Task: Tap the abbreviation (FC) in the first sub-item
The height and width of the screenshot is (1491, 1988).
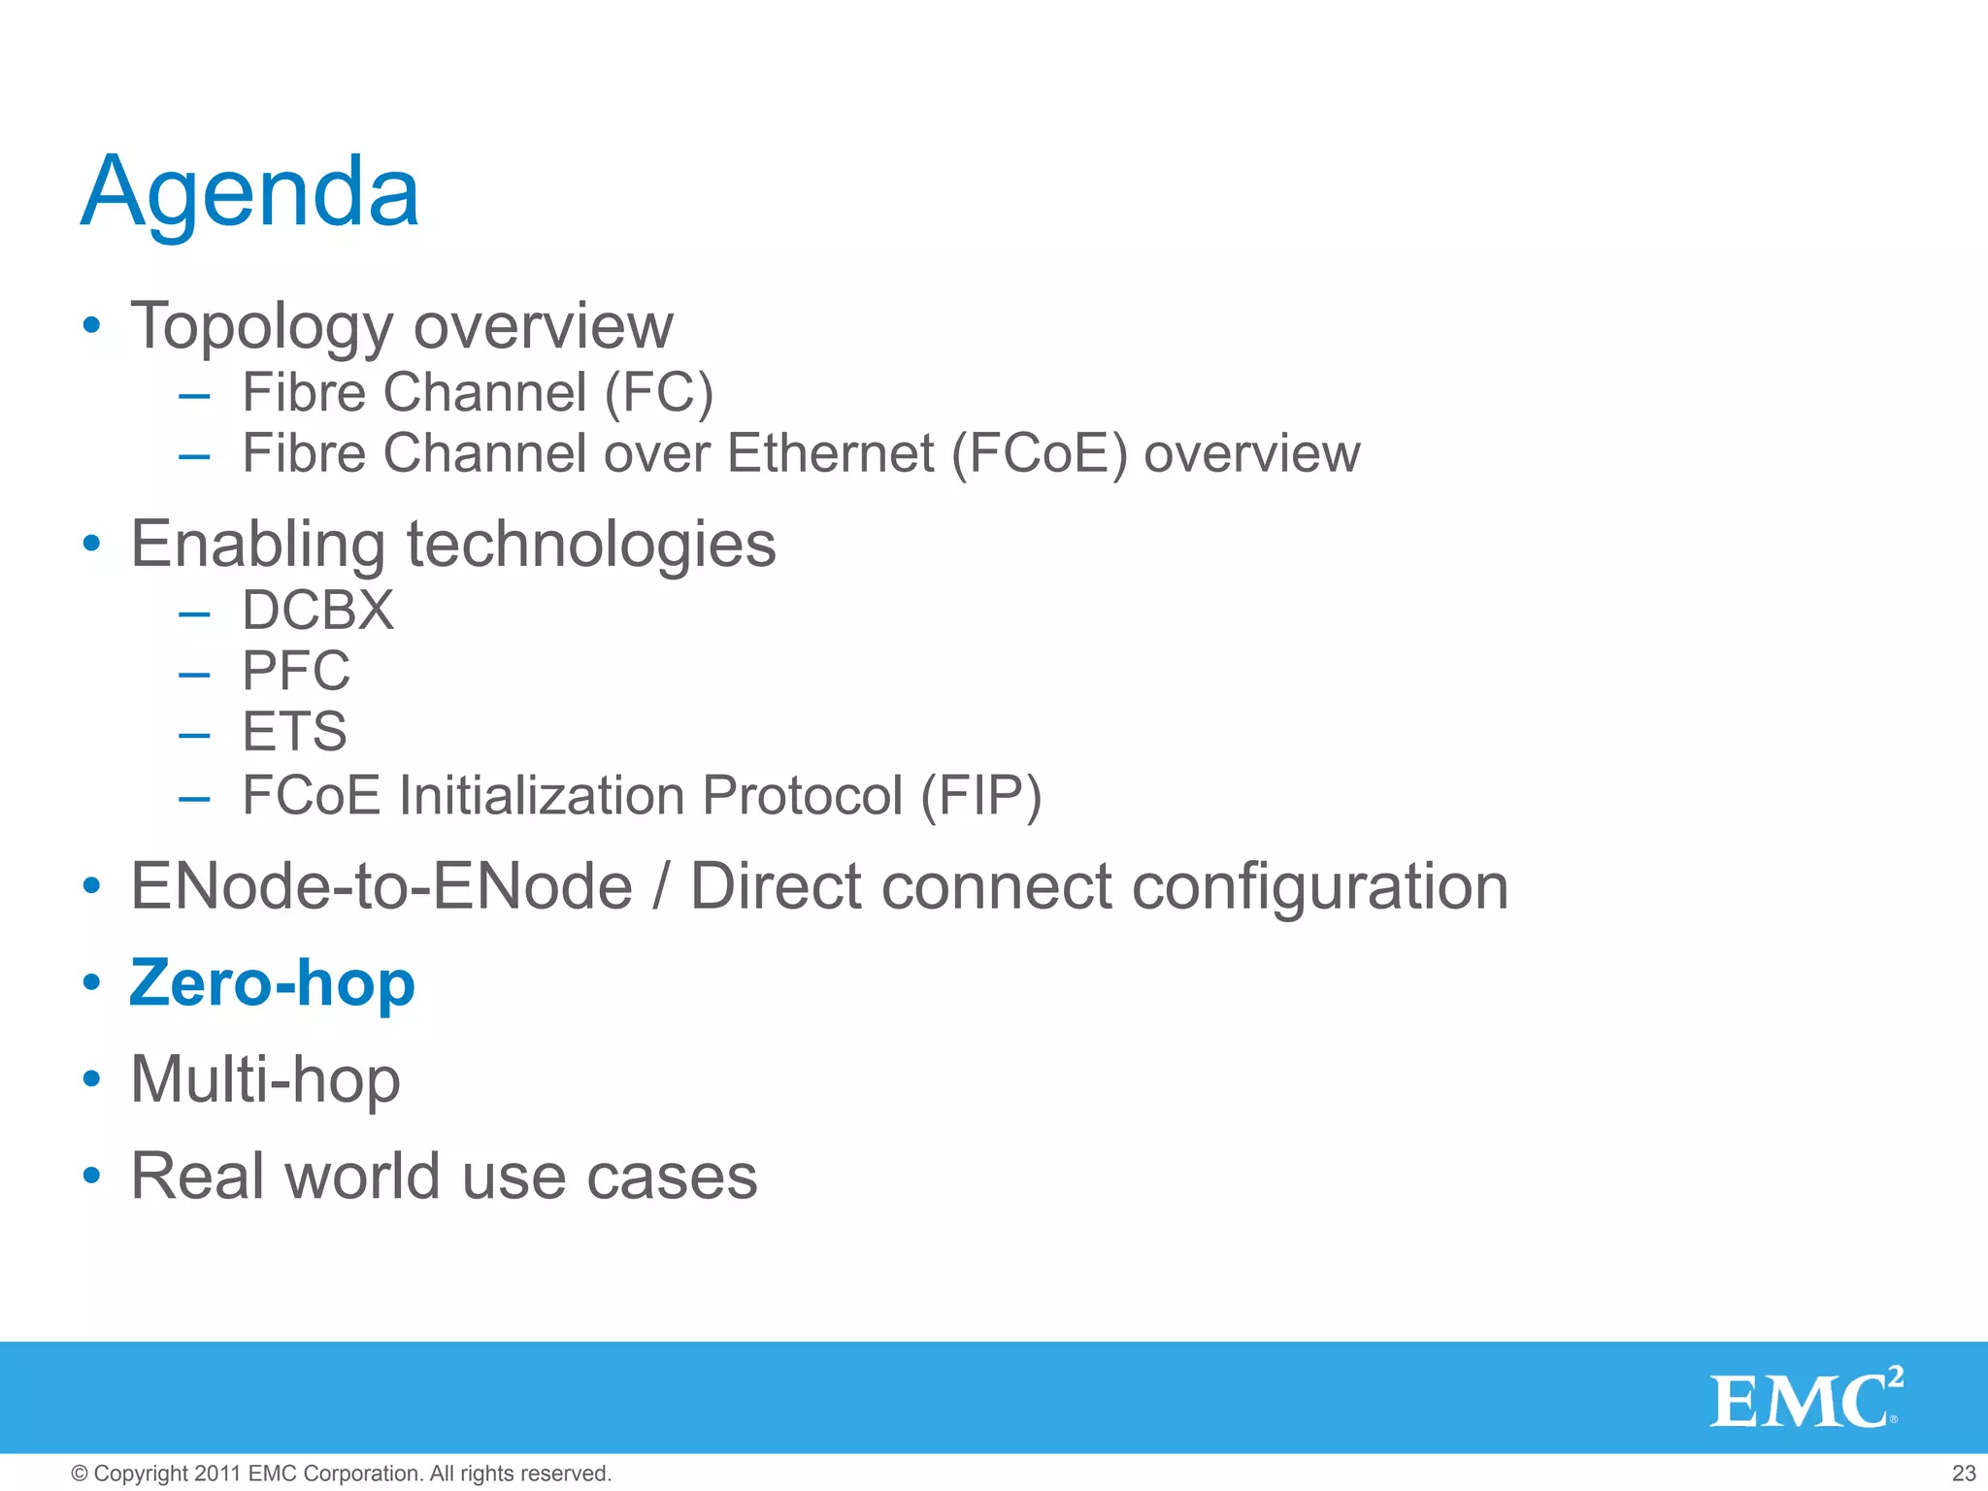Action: [x=659, y=393]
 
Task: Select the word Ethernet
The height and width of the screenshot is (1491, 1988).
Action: [x=830, y=453]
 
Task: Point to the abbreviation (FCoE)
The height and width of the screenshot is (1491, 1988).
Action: [x=1039, y=453]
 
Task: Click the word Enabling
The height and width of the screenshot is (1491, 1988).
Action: [x=257, y=545]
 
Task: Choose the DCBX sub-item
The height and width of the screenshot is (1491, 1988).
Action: [x=317, y=611]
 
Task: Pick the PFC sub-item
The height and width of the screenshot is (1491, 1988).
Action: [x=295, y=671]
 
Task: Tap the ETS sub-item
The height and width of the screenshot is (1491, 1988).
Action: [x=294, y=731]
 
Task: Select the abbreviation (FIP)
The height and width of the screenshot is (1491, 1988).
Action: [x=980, y=796]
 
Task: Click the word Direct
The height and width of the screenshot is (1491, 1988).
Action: [x=776, y=886]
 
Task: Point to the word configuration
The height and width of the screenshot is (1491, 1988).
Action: [x=1320, y=886]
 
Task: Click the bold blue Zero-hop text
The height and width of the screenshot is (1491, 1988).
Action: [x=272, y=982]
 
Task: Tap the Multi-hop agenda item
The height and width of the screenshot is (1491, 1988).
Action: [x=265, y=1079]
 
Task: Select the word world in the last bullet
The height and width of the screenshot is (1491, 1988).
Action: [x=363, y=1176]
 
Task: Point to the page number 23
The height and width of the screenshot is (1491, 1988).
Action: [x=1964, y=1474]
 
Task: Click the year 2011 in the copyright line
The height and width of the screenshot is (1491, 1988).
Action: [x=217, y=1474]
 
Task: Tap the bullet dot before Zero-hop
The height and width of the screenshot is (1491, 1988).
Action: [x=91, y=982]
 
